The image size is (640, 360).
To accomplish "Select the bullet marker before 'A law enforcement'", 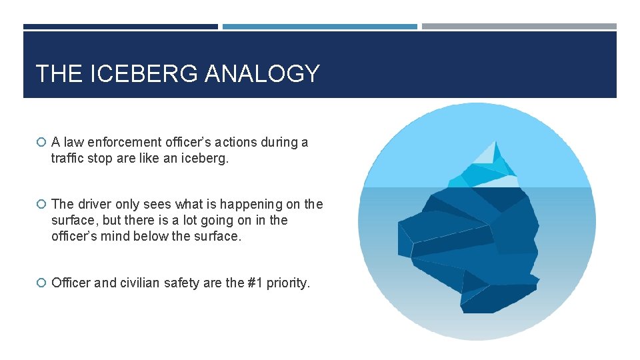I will tap(41, 142).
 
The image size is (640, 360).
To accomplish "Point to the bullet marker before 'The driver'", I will tap(41, 205).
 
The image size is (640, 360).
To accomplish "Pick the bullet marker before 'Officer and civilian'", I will tap(41, 283).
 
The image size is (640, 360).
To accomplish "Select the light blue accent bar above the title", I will tap(320, 27).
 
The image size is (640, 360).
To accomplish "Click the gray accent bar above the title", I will tap(519, 27).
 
